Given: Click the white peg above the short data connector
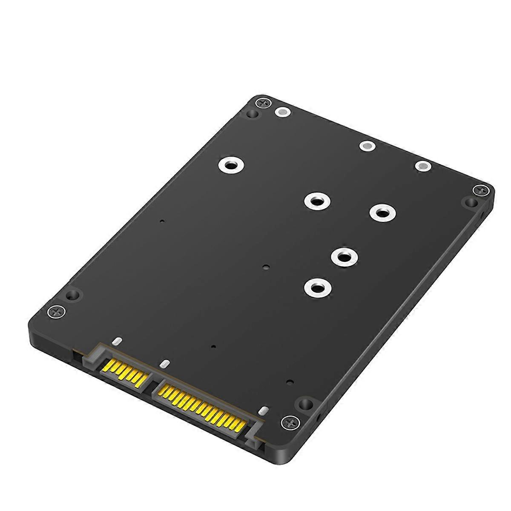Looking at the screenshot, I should pyautogui.click(x=117, y=341).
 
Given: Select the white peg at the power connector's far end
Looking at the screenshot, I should pyautogui.click(x=263, y=411).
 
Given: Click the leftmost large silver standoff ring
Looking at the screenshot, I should pyautogui.click(x=230, y=166).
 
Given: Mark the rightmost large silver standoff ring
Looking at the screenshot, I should pyautogui.click(x=382, y=212).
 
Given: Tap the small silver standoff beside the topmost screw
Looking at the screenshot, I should pyautogui.click(x=281, y=112).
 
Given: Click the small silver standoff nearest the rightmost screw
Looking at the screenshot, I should pyautogui.click(x=423, y=167).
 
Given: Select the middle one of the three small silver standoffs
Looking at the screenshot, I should pyautogui.click(x=366, y=146).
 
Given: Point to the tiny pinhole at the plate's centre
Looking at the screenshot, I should pyautogui.click(x=266, y=267).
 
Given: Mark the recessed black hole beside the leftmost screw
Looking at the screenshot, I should pyautogui.click(x=73, y=294).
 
